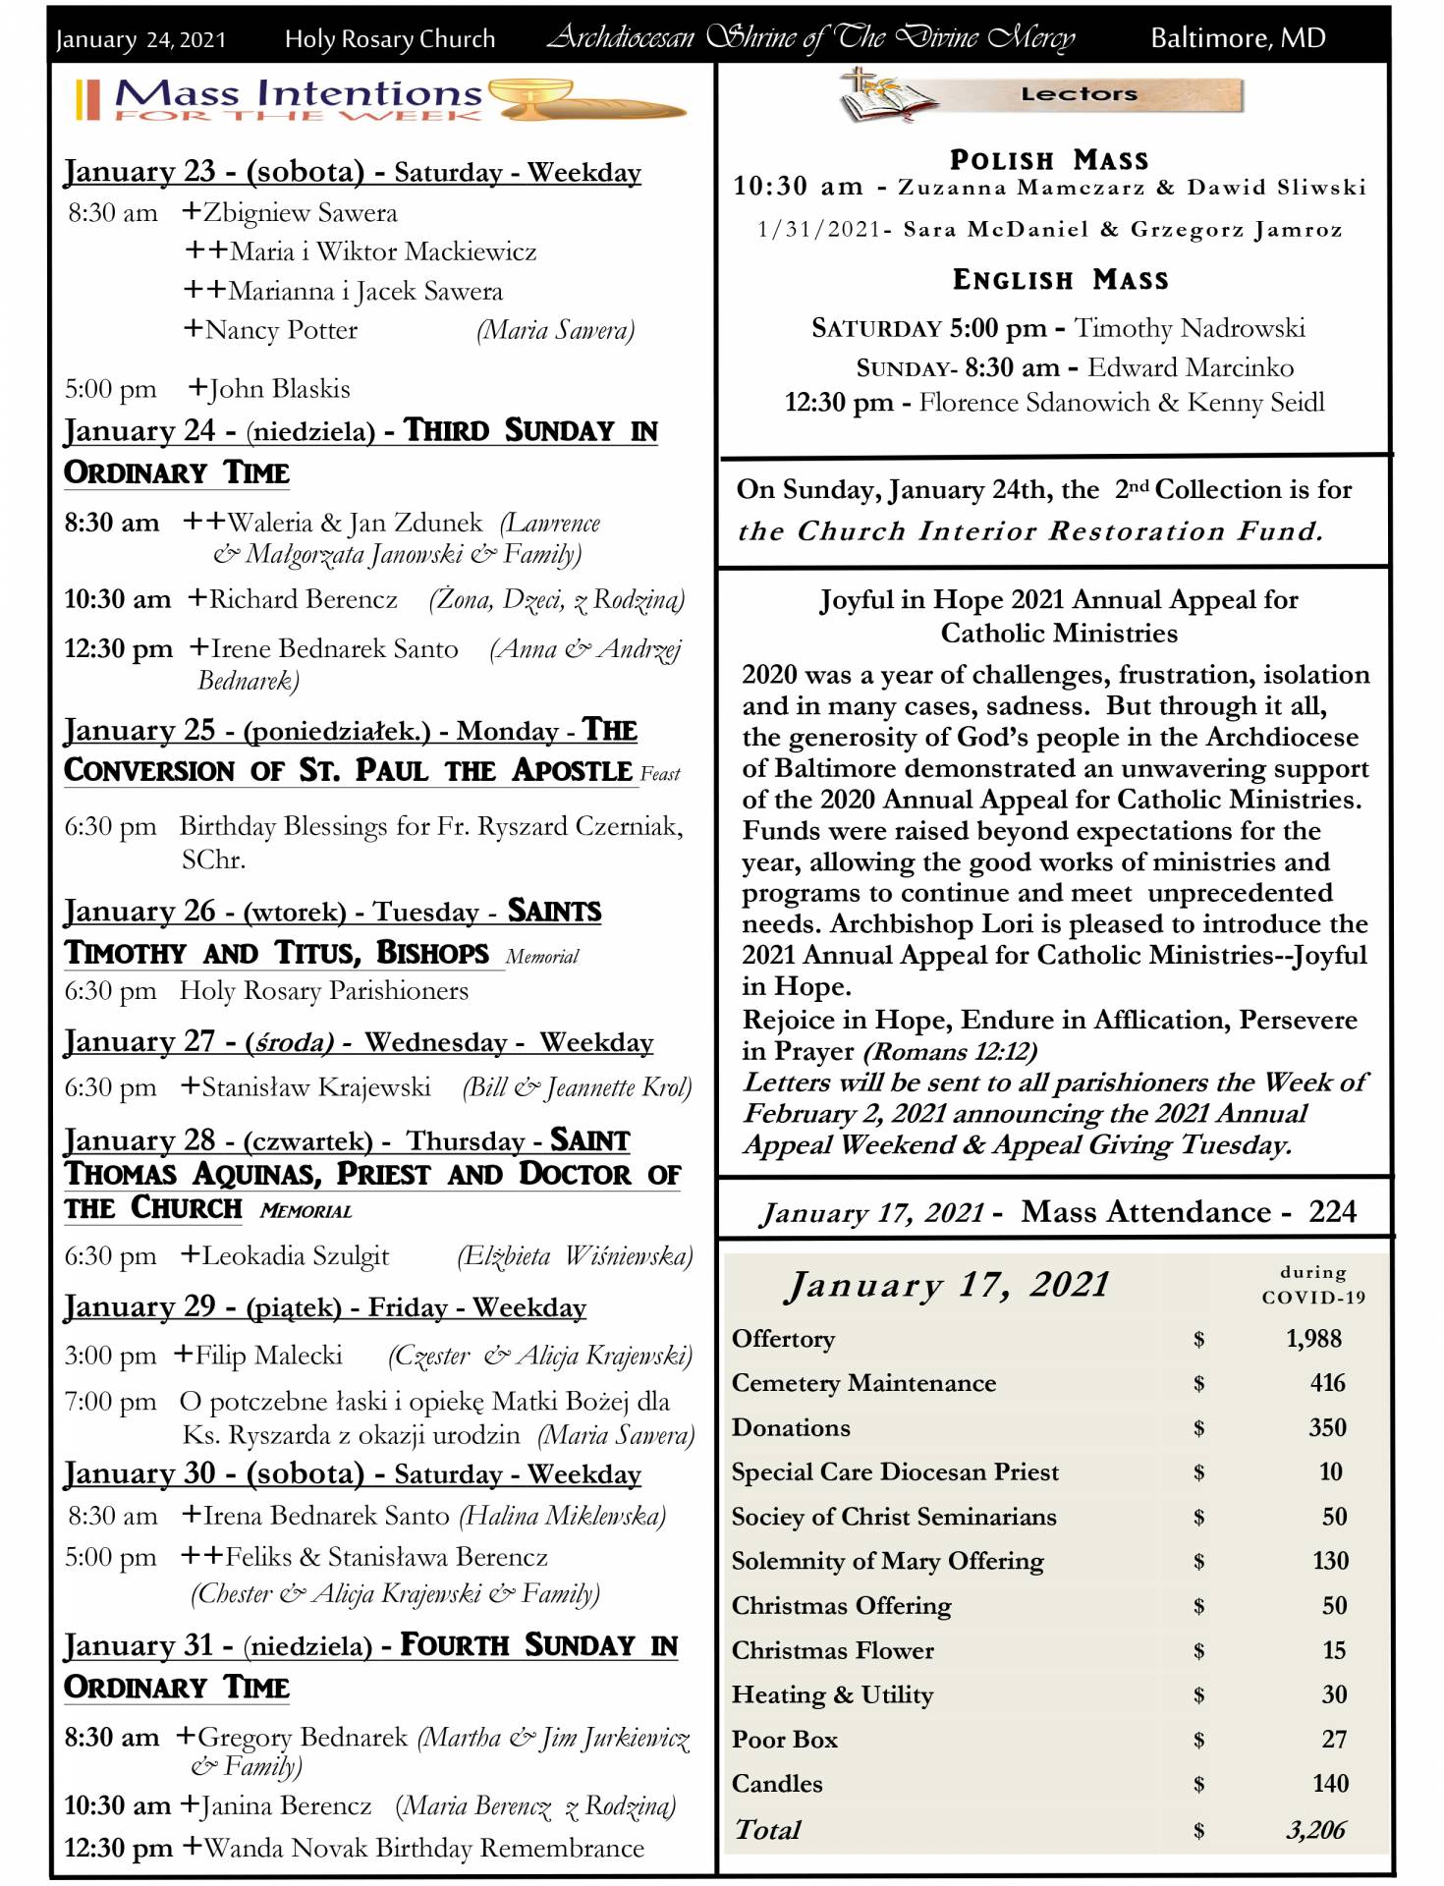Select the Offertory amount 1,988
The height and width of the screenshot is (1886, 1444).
click(1312, 1338)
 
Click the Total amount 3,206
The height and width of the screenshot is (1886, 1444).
click(1315, 1829)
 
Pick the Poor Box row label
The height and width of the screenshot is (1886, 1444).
click(784, 1740)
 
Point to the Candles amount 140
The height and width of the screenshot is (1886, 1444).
click(1330, 1784)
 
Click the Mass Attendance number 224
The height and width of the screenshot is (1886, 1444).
click(1332, 1211)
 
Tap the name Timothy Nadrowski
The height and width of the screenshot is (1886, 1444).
click(1190, 328)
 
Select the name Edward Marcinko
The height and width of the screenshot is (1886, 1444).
click(1190, 367)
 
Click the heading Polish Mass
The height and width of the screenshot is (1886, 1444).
click(1048, 159)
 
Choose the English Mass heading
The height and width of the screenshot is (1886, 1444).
click(1060, 280)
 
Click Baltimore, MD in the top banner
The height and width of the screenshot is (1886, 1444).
click(1238, 38)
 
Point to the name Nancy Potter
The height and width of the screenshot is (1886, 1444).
click(280, 330)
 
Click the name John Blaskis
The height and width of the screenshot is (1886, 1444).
click(279, 389)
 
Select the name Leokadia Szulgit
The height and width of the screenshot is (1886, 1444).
click(295, 1255)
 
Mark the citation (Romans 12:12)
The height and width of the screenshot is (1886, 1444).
click(949, 1051)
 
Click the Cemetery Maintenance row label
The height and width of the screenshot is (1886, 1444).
click(863, 1383)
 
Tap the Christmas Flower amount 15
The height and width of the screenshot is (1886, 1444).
click(1333, 1650)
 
